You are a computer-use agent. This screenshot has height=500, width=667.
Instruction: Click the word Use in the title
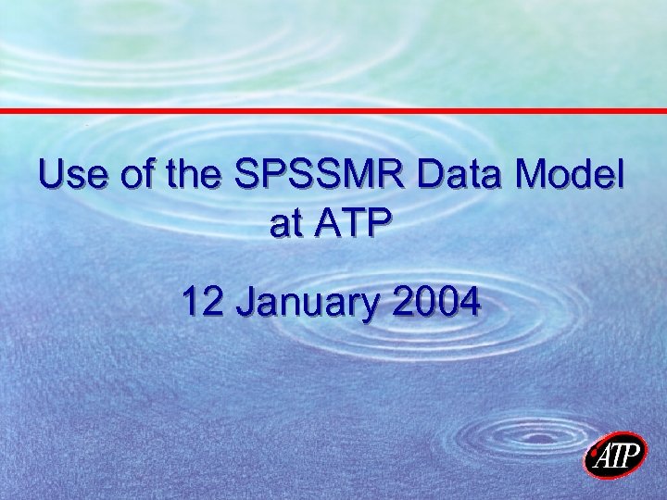pyautogui.click(x=71, y=175)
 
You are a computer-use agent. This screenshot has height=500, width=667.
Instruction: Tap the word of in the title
pyautogui.click(x=131, y=175)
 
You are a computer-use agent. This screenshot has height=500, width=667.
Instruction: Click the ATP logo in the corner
pyautogui.click(x=616, y=456)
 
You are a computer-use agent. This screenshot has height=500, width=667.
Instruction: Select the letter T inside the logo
pyautogui.click(x=617, y=456)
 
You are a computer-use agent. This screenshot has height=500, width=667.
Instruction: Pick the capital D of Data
pyautogui.click(x=430, y=175)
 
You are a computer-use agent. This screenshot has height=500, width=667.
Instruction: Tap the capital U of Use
pyautogui.click(x=53, y=175)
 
